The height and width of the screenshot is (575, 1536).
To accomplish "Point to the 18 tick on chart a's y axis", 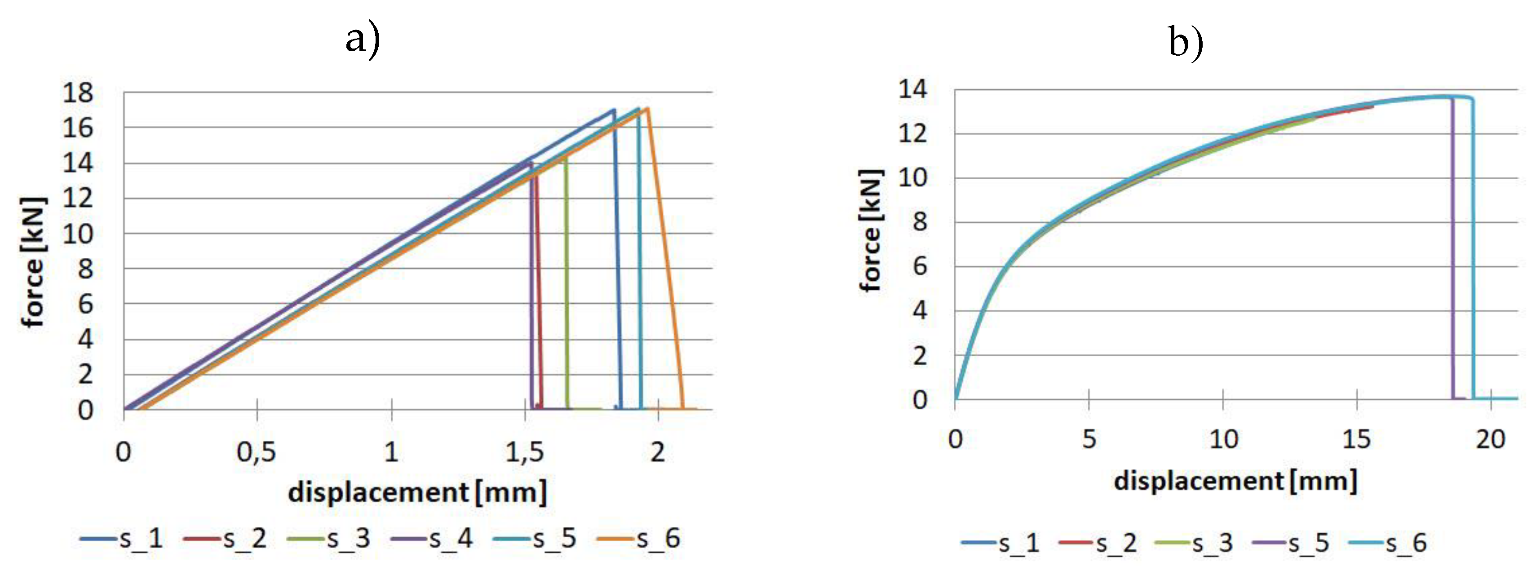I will [78, 93].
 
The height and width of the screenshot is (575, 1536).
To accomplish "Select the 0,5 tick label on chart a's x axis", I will [257, 452].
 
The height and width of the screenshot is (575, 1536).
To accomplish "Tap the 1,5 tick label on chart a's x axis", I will [525, 452].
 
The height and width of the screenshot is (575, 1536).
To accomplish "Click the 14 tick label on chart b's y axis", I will [913, 89].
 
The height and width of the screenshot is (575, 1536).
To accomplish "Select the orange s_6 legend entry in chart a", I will [638, 539].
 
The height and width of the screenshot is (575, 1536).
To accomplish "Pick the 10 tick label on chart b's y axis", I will [913, 178].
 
